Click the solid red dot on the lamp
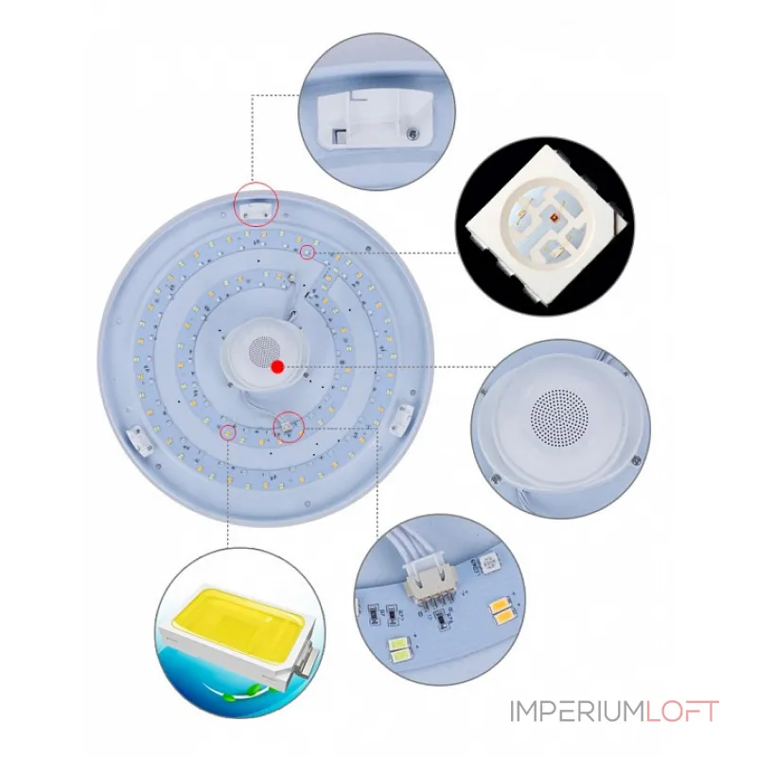pos(277,367)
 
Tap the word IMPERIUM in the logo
pos(577,712)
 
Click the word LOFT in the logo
pos(681,712)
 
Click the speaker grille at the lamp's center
pos(264,351)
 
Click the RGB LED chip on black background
pos(546,224)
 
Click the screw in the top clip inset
pos(412,133)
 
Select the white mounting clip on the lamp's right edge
pos(403,418)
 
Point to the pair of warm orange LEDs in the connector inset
pos(504,610)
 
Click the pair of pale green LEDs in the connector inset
pos(400,650)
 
